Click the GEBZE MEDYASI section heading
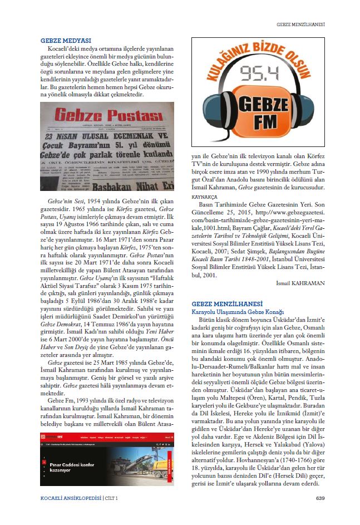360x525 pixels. click(66, 41)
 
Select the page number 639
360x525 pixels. click(320, 497)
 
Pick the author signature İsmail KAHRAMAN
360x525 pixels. click(300, 283)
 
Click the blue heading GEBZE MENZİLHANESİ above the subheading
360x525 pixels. click(227, 303)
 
